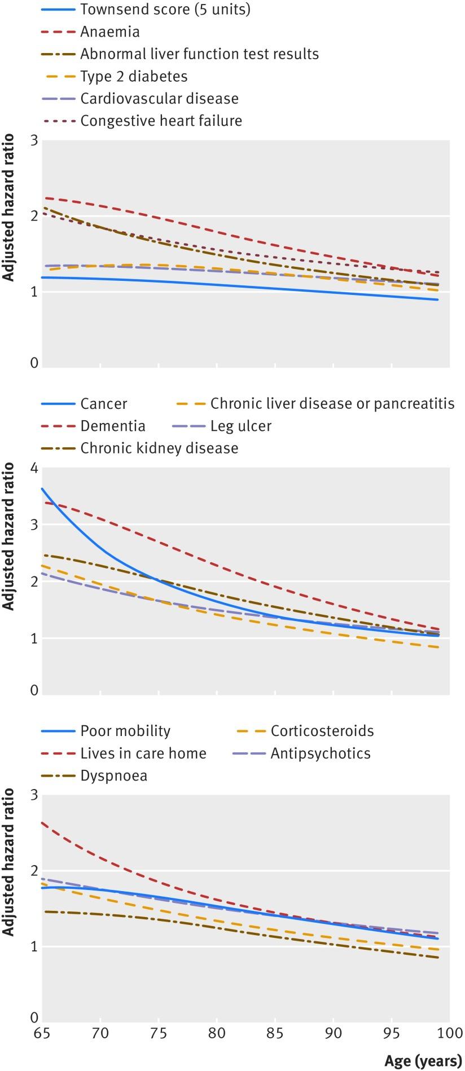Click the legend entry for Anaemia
coord(109,32)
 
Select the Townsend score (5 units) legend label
coord(165,10)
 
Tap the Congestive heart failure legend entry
coord(161,121)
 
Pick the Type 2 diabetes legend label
coord(134,77)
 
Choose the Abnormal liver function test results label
coord(199,54)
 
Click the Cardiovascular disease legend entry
coord(159,99)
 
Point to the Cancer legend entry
coord(104,404)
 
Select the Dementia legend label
coord(113,426)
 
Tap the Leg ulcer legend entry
coord(241,426)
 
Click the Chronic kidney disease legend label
coord(159,448)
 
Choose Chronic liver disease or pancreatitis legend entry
coord(332,404)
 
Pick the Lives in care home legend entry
coord(143,753)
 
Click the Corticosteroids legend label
coord(322,731)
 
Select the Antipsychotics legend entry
coord(320,753)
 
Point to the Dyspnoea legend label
coord(113,776)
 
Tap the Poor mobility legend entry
coord(125,731)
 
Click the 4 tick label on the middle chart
coord(34,468)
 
